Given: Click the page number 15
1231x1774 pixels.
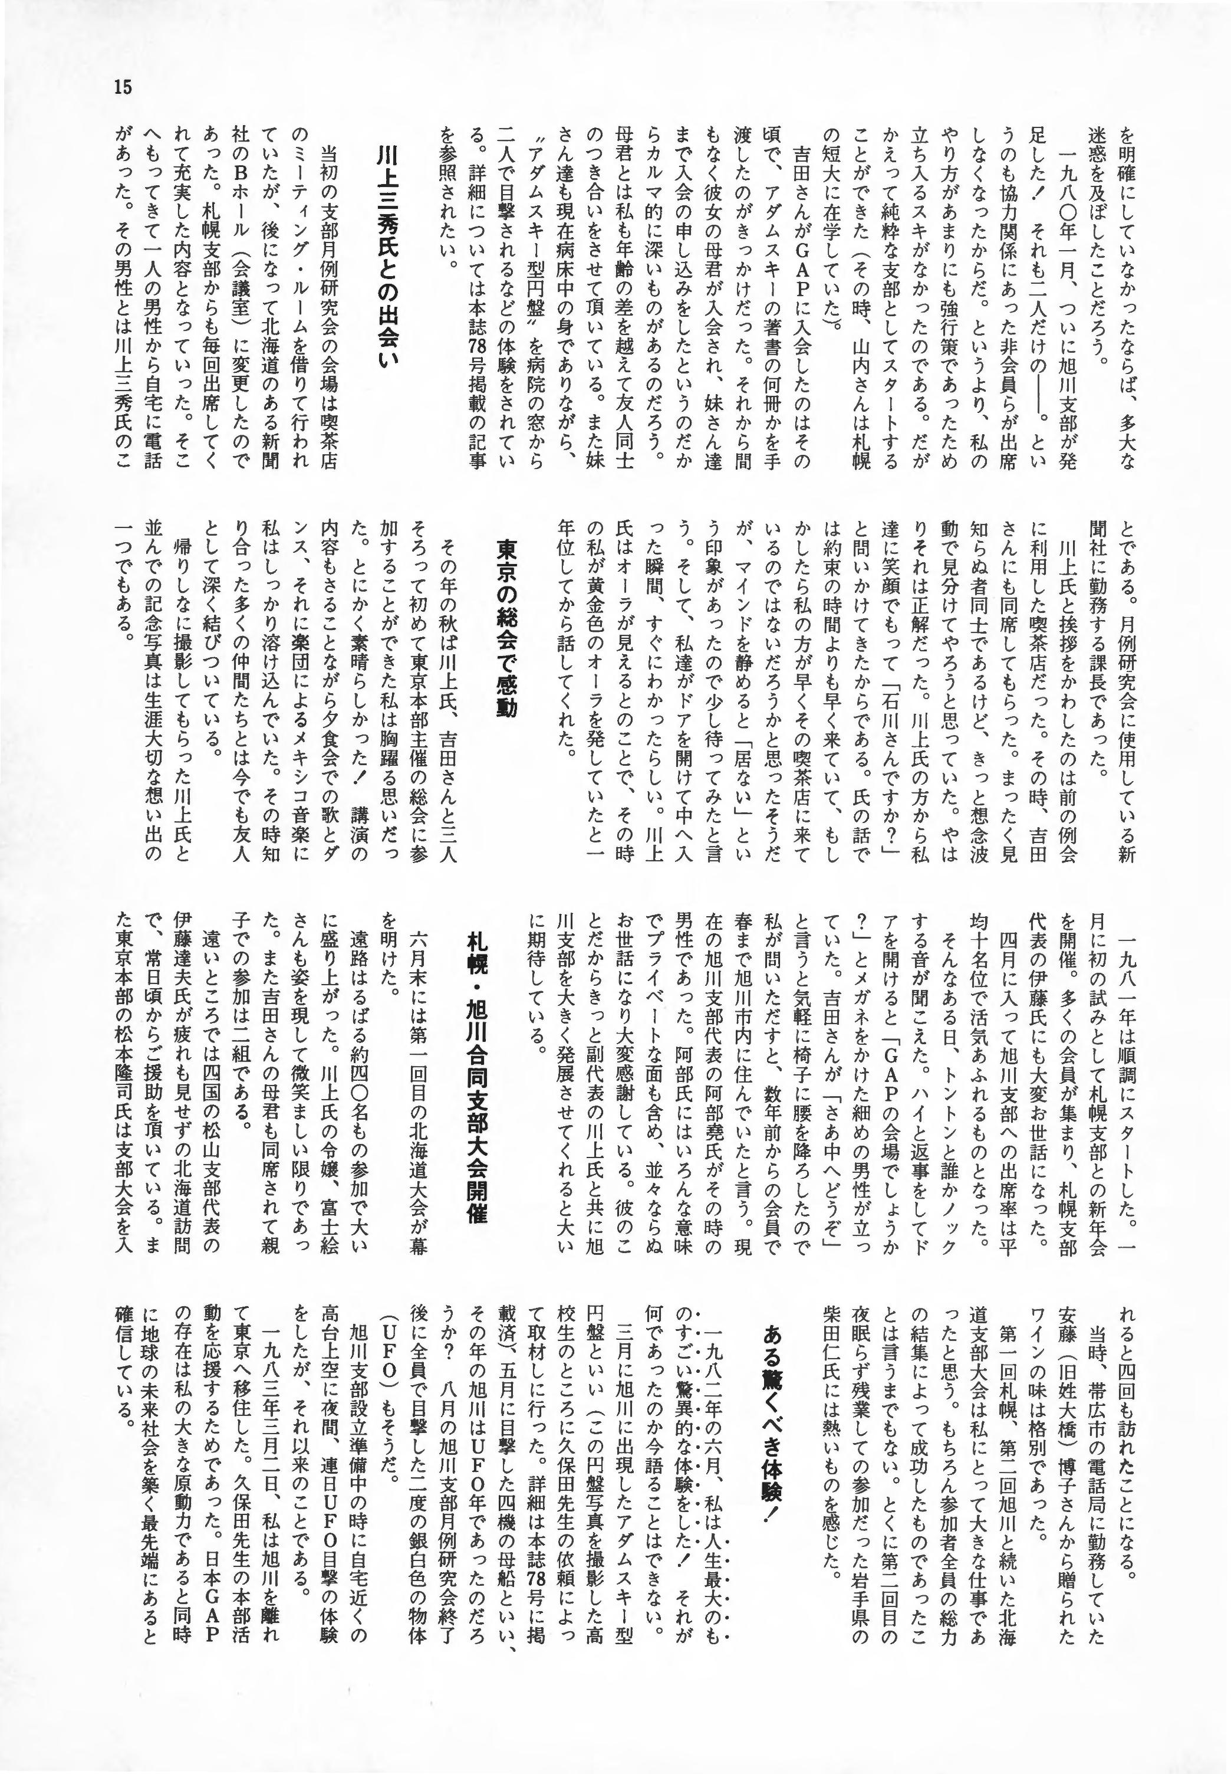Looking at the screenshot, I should coord(123,86).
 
